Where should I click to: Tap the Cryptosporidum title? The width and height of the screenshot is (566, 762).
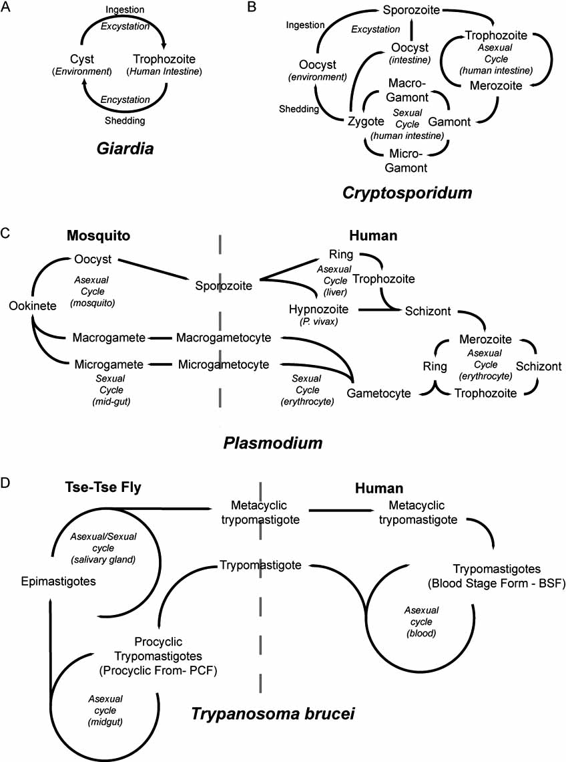point(406,193)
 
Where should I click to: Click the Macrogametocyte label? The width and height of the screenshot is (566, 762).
point(224,338)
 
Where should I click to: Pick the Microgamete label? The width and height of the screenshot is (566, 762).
point(109,364)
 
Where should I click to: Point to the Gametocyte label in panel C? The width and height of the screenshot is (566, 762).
point(376,393)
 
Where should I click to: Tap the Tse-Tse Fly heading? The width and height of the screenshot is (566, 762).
point(106,489)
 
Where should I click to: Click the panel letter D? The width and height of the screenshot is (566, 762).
point(7,481)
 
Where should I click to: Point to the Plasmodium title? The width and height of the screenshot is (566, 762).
point(281,443)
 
